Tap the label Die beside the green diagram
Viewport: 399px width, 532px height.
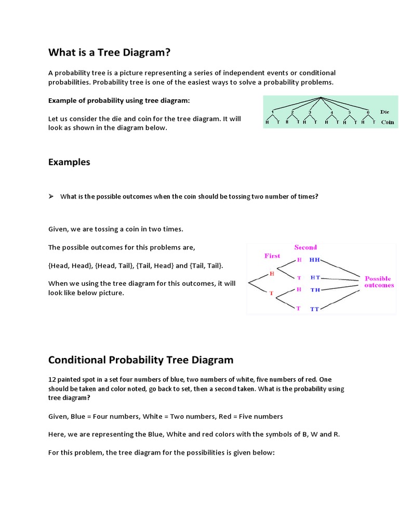pyautogui.click(x=384, y=112)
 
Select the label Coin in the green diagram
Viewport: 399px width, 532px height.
pyautogui.click(x=387, y=123)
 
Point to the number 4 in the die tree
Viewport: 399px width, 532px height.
pyautogui.click(x=331, y=112)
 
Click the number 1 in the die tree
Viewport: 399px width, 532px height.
pyautogui.click(x=273, y=112)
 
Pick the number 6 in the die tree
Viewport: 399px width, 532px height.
pyautogui.click(x=367, y=112)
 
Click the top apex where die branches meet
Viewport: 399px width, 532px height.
pyautogui.click(x=322, y=98)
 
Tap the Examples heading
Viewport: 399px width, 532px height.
pyautogui.click(x=69, y=162)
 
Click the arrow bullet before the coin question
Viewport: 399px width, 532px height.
pyautogui.click(x=51, y=196)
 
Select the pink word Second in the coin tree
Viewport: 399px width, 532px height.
pyautogui.click(x=305, y=247)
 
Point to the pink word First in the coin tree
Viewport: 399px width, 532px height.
pyautogui.click(x=272, y=256)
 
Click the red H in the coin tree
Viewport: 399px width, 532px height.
pyautogui.click(x=272, y=274)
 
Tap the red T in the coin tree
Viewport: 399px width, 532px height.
pyautogui.click(x=271, y=294)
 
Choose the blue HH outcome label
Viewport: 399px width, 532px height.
pyautogui.click(x=315, y=259)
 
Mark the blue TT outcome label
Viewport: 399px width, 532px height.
pyautogui.click(x=315, y=309)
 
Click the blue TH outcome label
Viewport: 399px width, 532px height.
pyautogui.click(x=315, y=290)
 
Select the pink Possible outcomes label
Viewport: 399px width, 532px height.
pyautogui.click(x=379, y=282)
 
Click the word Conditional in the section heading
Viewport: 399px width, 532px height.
pyautogui.click(x=77, y=360)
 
